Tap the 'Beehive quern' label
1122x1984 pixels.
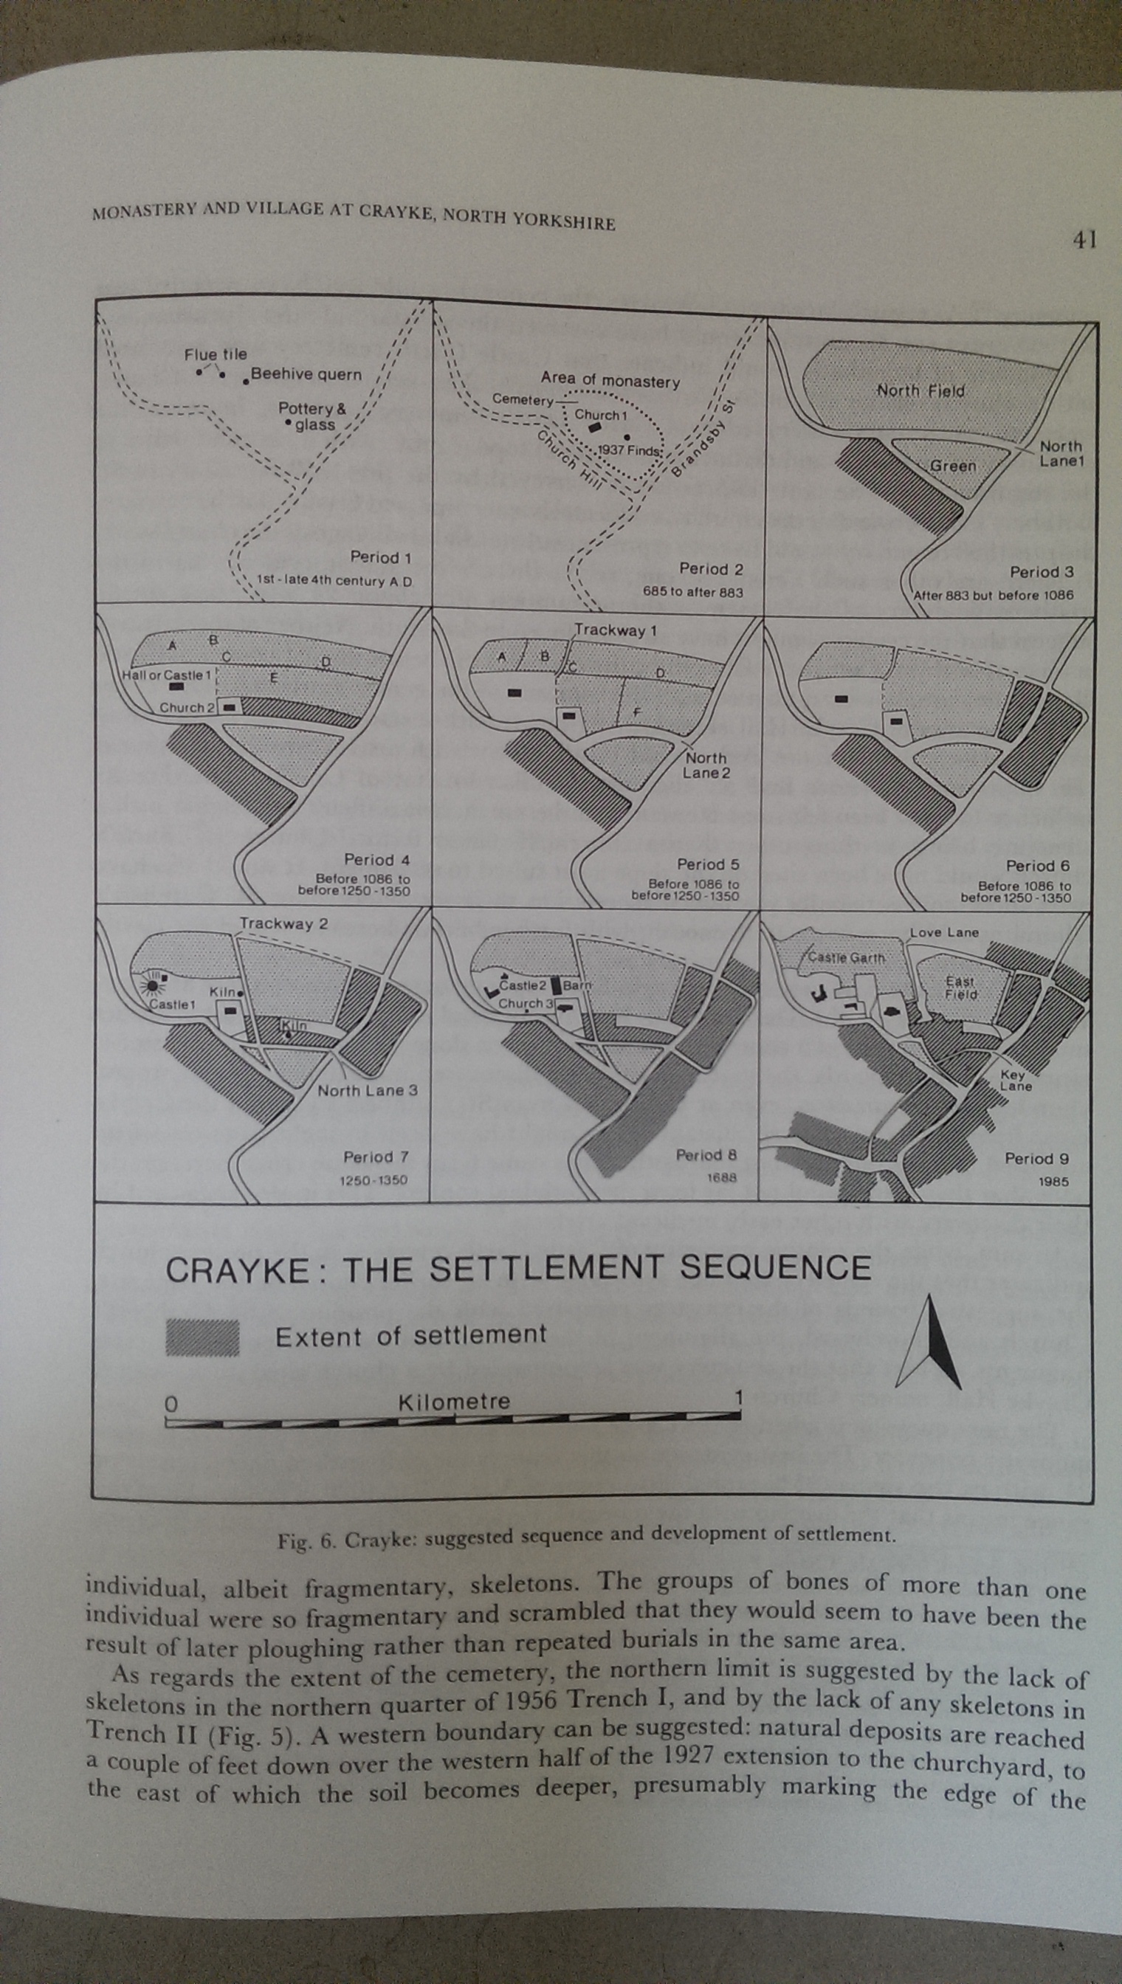pyautogui.click(x=306, y=374)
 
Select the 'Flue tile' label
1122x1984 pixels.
pyautogui.click(x=216, y=354)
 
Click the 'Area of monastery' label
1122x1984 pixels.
pyautogui.click(x=610, y=381)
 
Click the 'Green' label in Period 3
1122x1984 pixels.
pyautogui.click(x=953, y=466)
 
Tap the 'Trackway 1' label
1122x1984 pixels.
pyautogui.click(x=616, y=630)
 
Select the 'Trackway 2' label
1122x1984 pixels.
pyautogui.click(x=283, y=924)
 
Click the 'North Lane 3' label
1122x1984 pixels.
pyautogui.click(x=368, y=1090)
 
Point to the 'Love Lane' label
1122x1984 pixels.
pyautogui.click(x=944, y=932)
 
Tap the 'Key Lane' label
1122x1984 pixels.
pyautogui.click(x=1015, y=1081)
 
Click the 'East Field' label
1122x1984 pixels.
pyautogui.click(x=961, y=988)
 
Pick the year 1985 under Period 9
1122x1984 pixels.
pyautogui.click(x=1053, y=1181)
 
